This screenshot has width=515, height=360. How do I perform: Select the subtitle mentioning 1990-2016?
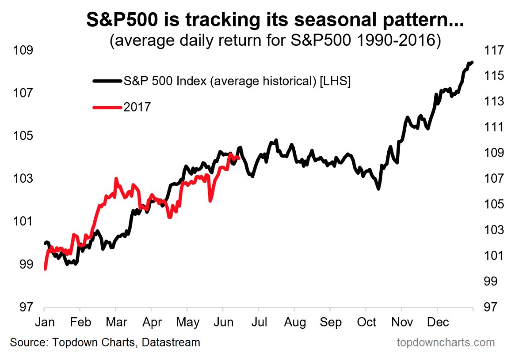[x=275, y=41]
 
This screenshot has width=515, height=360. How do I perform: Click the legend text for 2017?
[x=137, y=107]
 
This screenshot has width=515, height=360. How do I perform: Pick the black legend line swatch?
[x=106, y=81]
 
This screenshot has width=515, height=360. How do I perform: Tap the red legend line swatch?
[x=106, y=107]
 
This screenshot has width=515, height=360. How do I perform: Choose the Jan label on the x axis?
[x=44, y=322]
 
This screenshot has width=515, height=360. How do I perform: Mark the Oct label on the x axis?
[x=367, y=322]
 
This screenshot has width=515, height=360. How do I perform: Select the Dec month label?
[x=438, y=322]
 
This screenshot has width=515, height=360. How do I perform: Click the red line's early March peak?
[x=116, y=179]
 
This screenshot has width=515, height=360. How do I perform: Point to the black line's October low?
[x=379, y=188]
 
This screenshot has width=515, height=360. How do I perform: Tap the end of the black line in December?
[x=472, y=62]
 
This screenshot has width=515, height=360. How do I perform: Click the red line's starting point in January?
[x=45, y=269]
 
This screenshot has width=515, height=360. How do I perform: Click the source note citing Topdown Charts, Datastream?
[x=105, y=343]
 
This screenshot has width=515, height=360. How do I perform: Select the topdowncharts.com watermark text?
[x=445, y=343]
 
